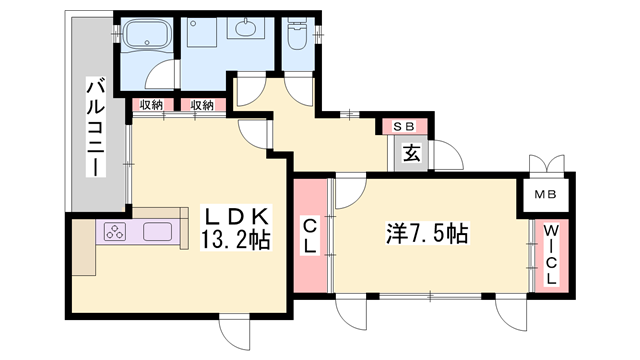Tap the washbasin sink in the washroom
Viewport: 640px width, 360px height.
click(245, 31)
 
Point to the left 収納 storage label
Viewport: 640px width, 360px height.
click(151, 104)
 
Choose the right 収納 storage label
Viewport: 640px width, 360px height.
click(202, 104)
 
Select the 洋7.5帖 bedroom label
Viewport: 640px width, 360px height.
click(427, 235)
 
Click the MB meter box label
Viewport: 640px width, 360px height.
click(545, 194)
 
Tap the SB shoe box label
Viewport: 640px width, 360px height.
click(405, 126)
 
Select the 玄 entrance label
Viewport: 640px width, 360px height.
click(410, 154)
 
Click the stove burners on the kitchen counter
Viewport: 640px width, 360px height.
click(113, 233)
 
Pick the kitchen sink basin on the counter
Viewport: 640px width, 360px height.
click(158, 233)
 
